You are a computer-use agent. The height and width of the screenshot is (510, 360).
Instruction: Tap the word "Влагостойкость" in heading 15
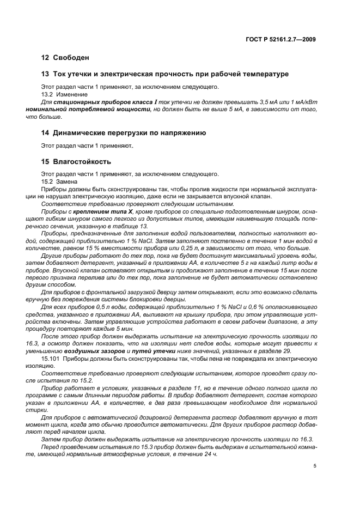click(82, 162)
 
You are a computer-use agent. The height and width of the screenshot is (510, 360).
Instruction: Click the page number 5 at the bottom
click(315, 466)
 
